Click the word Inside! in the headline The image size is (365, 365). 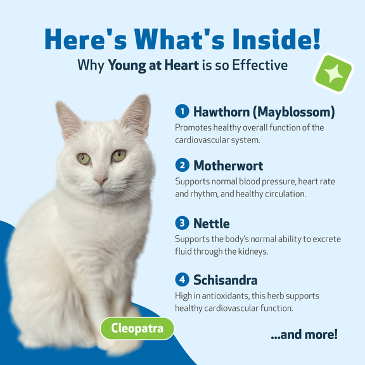pos(276,39)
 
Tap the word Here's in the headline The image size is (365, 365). pos(86,39)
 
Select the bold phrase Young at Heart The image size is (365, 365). pos(153,65)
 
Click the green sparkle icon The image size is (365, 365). pos(333,74)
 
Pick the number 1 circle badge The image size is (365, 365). pos(182,111)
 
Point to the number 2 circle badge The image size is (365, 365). pos(182,165)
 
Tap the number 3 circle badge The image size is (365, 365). pos(182,223)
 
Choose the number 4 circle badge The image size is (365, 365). pos(182,279)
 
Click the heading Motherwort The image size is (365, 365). pos(228,166)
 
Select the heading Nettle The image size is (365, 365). pos(212,224)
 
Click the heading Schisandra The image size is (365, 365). pos(226,280)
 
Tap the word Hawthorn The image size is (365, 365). pos(221,112)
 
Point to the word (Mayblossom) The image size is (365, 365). pos(294,112)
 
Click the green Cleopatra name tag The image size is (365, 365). pos(137,328)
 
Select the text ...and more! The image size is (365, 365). pos(304,335)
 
